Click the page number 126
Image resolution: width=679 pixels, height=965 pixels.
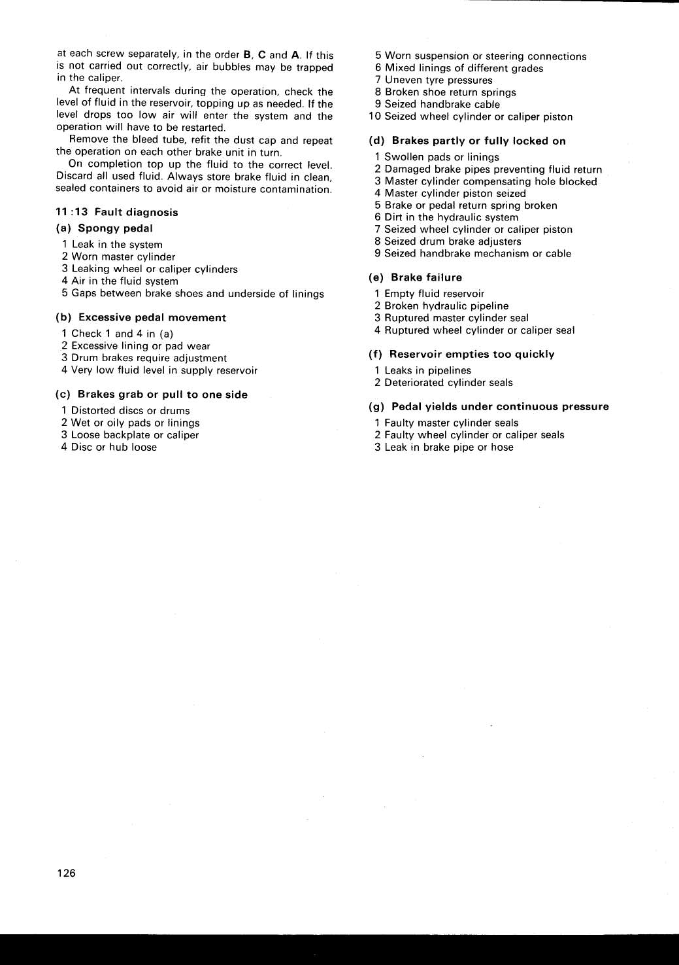[x=66, y=873]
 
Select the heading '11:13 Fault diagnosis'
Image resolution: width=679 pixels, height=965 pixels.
[x=117, y=212]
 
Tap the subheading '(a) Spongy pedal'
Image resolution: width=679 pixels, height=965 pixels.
[x=105, y=228]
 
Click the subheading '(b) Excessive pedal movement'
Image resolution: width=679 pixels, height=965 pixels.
[x=141, y=317]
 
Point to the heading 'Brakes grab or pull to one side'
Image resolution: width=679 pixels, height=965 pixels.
[x=162, y=395]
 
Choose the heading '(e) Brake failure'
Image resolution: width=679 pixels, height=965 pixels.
[x=416, y=277]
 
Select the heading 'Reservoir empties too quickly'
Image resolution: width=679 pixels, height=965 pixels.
[x=471, y=354]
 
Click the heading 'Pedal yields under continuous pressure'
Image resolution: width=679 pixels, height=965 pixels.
[x=499, y=406]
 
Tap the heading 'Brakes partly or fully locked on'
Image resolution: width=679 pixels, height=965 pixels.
[x=478, y=141]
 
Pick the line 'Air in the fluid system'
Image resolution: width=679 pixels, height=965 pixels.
[x=124, y=281]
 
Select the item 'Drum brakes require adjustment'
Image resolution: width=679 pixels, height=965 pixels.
[x=148, y=358]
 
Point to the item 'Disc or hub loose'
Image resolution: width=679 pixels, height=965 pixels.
[x=114, y=447]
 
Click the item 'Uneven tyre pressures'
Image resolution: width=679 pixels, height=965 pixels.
[x=438, y=80]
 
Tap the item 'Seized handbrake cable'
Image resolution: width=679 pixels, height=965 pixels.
[x=442, y=104]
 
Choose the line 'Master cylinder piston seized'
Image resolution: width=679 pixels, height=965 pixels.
[x=454, y=193]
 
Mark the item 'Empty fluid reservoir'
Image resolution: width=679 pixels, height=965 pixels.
[x=434, y=294]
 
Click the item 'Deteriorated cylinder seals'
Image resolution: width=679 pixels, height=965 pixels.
[x=448, y=383]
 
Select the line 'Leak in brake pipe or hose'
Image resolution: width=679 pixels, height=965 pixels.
[x=448, y=447]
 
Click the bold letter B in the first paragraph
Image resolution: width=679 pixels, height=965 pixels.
[x=247, y=55]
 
